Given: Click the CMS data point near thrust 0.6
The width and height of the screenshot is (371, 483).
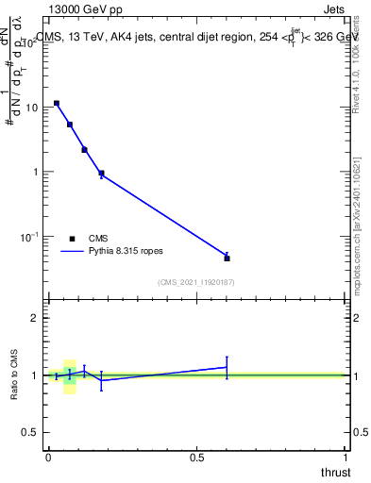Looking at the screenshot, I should point(227,258).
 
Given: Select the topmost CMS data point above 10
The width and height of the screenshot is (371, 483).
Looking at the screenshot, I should point(57,103).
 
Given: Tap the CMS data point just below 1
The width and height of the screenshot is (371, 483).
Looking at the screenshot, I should point(101,174).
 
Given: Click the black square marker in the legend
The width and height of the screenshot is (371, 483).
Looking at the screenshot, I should point(72,239).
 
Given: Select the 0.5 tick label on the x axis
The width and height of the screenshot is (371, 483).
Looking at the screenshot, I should point(196,457).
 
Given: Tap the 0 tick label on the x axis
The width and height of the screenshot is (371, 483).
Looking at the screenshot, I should point(48,457).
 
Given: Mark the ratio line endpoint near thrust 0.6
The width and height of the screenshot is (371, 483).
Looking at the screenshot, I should point(227,367).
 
